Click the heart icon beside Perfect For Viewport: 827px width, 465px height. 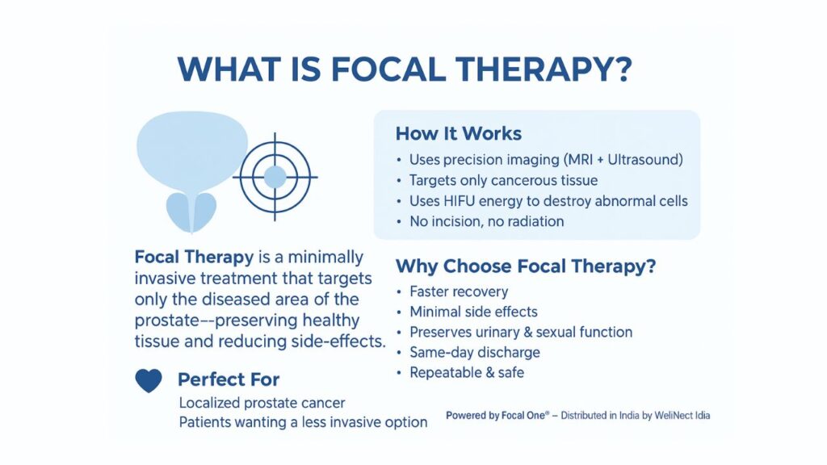point(149,380)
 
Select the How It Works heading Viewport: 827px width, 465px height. point(458,134)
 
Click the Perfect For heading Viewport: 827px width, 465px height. point(229,379)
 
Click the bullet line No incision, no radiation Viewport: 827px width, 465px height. point(486,221)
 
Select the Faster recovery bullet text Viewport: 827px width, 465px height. point(459,291)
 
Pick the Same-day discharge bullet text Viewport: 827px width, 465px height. point(475,352)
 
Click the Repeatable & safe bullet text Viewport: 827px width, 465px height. point(467,372)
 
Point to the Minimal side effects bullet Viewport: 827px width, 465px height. point(473,312)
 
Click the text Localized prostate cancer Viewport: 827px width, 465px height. point(262,402)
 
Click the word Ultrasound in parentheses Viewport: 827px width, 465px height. point(643,160)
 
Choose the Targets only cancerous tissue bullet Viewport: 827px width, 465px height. point(503,180)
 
